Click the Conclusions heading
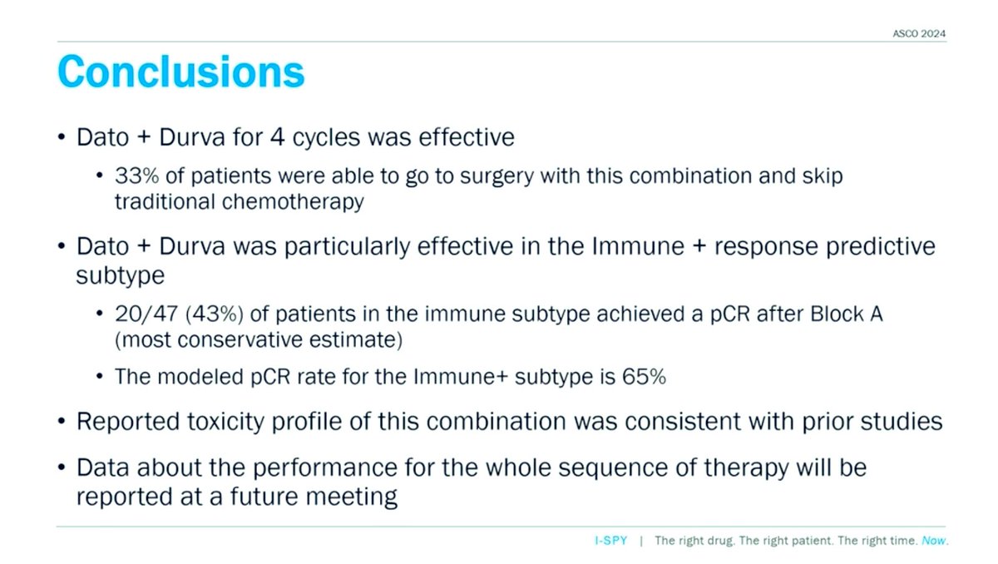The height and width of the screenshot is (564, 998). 180,72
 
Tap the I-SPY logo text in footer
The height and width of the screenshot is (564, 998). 604,541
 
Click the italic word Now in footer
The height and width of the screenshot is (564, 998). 934,541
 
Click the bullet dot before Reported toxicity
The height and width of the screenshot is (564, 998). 62,422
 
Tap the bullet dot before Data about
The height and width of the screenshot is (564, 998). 62,468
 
